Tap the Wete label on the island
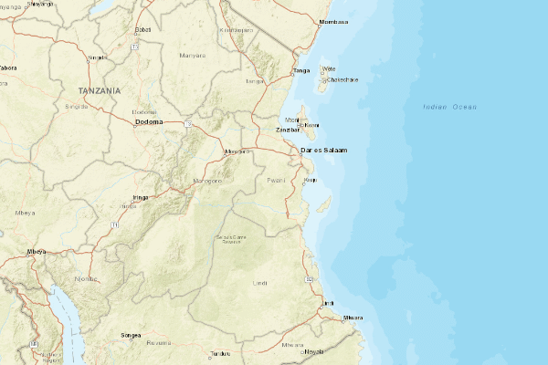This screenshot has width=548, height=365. pos(329,68)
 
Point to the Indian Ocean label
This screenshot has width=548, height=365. pos(450,108)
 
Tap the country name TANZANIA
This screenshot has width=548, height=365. pos(100,91)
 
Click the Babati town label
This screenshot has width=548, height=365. pos(142,29)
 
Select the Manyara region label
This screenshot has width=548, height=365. pos(193,55)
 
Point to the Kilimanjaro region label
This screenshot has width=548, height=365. pos(237,29)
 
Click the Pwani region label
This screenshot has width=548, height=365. pos(276,181)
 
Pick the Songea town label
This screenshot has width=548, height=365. pos(132,335)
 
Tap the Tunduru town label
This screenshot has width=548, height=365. pos(220,353)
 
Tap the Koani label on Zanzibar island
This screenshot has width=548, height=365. pos(311,125)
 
